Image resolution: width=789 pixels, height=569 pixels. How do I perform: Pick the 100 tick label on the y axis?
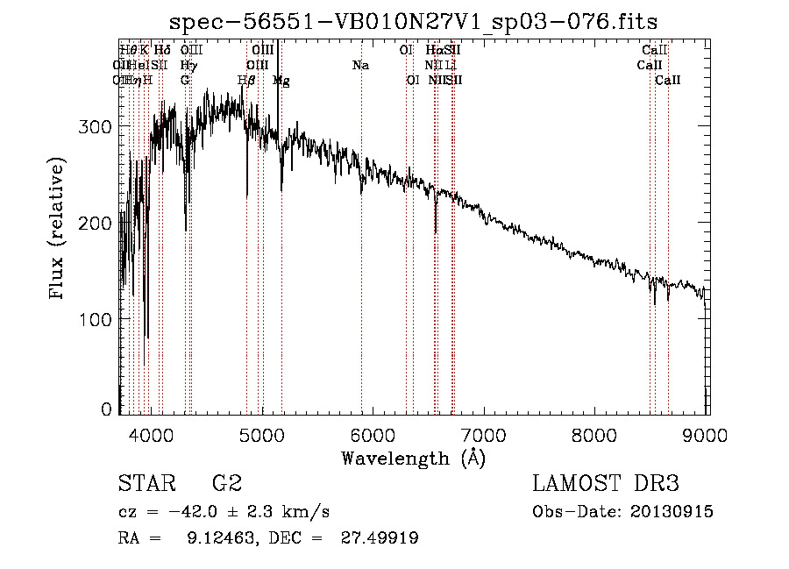[x=96, y=319]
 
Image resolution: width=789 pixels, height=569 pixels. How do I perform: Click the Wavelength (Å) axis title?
[x=413, y=458]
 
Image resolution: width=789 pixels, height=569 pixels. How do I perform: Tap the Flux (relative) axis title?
[x=58, y=230]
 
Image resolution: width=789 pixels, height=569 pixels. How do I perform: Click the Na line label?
[x=360, y=65]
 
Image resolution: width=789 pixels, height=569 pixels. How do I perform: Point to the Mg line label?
[x=281, y=81]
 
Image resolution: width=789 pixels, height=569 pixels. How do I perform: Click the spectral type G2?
[x=226, y=484]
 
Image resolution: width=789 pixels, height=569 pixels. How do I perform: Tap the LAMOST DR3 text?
[x=606, y=484]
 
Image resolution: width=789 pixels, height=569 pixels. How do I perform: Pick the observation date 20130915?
[x=676, y=512]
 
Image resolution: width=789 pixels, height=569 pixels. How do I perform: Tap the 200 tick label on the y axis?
[x=96, y=223]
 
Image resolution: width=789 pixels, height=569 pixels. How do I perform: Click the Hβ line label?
[x=246, y=80]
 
